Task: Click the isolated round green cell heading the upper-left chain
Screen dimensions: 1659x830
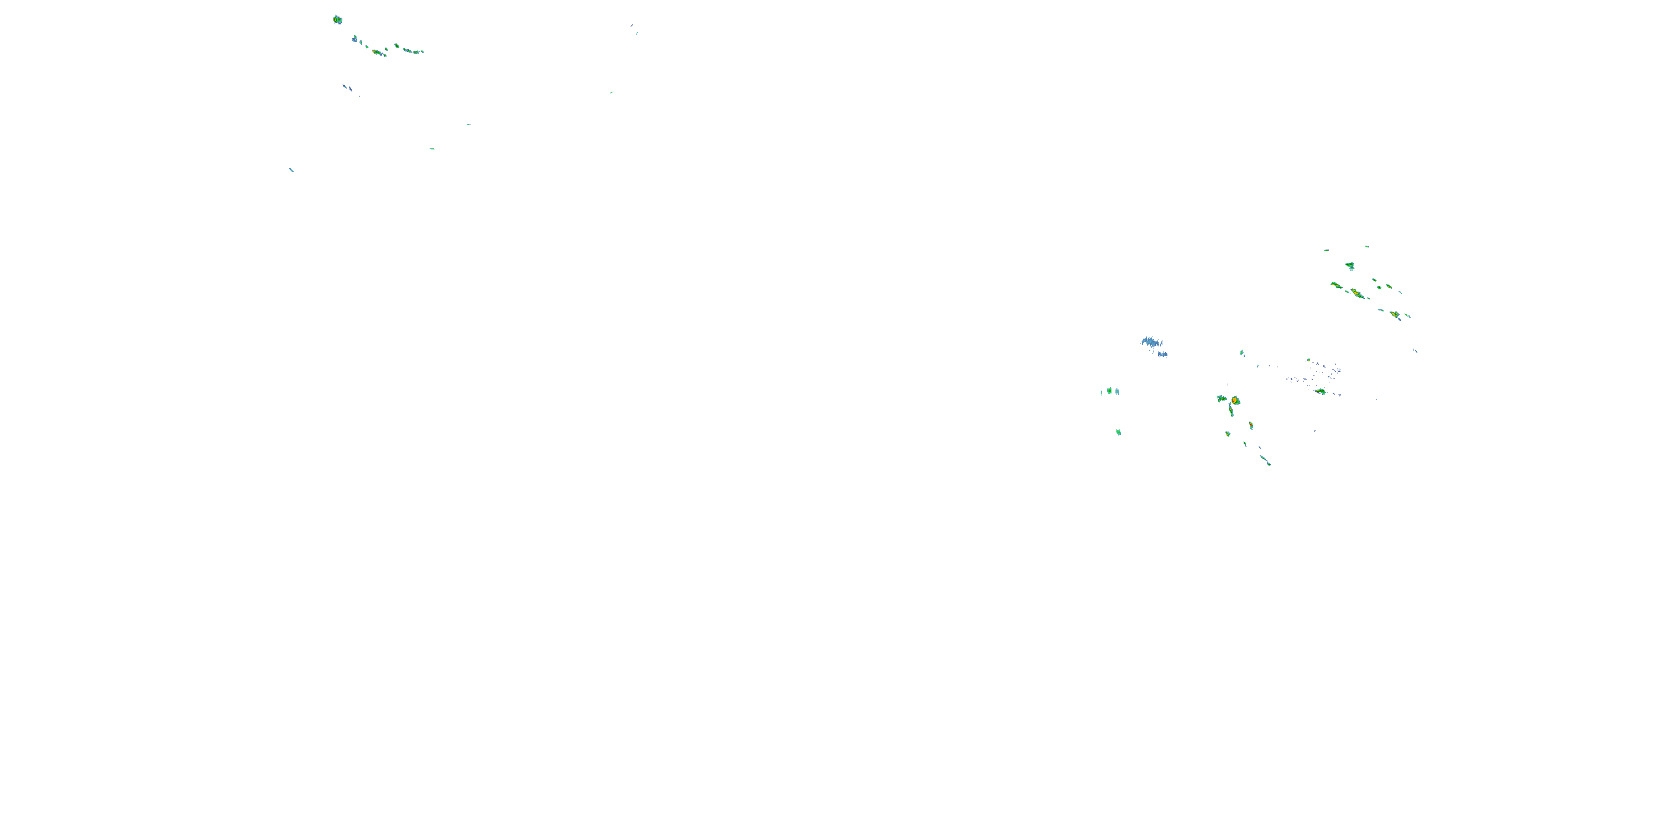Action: tap(337, 20)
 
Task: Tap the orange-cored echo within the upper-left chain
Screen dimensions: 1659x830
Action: tap(377, 52)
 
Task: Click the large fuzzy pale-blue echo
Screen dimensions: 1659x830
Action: tap(1151, 341)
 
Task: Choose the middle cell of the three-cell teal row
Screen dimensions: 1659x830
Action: tap(1110, 391)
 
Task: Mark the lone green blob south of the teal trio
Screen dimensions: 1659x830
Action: tap(1119, 432)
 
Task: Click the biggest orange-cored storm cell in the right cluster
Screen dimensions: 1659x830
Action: tap(1235, 401)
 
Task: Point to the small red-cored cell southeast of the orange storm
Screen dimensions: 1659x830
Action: tap(1251, 426)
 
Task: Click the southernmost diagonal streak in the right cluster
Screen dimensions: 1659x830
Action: tap(1265, 460)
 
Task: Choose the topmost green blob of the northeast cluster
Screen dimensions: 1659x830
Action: tap(1350, 266)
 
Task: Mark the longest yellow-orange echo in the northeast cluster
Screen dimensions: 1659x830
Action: tap(1357, 294)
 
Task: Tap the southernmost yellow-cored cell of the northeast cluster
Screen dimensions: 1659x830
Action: tap(1395, 314)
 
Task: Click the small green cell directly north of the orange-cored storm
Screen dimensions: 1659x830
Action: tap(1241, 353)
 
